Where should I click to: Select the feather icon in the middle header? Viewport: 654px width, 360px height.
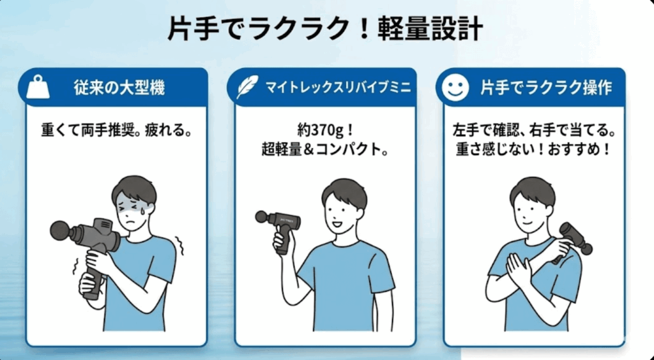[x=247, y=87]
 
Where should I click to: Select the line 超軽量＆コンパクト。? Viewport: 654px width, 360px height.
[x=326, y=153]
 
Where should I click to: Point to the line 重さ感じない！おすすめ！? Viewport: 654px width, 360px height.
[x=533, y=153]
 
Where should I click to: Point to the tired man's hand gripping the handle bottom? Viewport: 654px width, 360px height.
[x=88, y=285]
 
